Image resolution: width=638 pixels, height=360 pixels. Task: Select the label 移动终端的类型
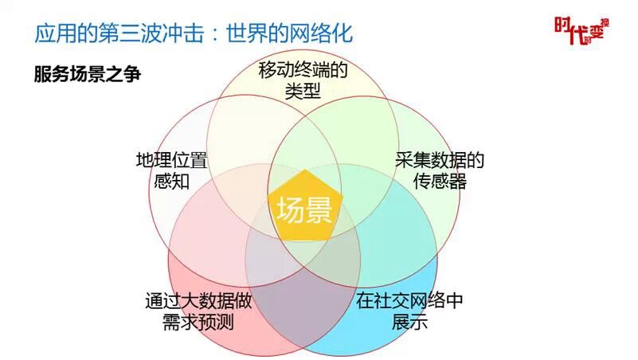303,80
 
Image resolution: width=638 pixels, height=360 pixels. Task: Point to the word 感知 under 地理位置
171,181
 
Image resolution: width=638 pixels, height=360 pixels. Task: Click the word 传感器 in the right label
440,181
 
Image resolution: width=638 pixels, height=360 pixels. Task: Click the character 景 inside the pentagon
316,210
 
